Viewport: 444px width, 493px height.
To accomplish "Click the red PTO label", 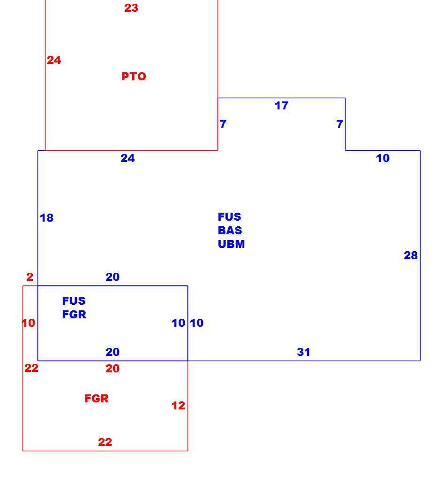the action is tap(134, 77).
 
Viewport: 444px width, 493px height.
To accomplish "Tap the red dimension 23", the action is tap(131, 8).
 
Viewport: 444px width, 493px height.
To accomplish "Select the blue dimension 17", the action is tap(281, 106).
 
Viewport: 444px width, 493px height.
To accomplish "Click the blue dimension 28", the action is tap(411, 255).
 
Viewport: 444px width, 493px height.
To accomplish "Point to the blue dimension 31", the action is tap(304, 352).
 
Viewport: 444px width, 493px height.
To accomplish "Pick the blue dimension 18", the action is tap(47, 217).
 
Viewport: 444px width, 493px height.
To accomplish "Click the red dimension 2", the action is tap(30, 277).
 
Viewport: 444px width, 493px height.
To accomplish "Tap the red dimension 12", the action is tap(178, 406).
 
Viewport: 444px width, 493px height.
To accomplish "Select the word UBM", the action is tap(232, 244).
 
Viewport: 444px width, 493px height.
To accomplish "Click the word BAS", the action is tap(230, 231).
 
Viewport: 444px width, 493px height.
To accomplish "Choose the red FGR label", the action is tap(97, 399).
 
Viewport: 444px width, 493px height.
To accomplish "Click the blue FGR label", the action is tap(74, 315).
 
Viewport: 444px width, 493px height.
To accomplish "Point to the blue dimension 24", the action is tap(128, 158).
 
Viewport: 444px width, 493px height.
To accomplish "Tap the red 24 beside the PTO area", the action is tap(54, 60).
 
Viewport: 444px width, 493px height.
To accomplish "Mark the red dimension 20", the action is tap(113, 369).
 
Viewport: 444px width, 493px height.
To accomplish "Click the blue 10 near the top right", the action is tap(383, 158).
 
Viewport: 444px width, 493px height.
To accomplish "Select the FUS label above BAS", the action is tap(230, 216).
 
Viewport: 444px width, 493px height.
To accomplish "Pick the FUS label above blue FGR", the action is tap(74, 301).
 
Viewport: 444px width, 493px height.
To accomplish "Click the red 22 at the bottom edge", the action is tap(105, 442).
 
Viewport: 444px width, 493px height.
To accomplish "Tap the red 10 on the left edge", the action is tap(29, 323).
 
